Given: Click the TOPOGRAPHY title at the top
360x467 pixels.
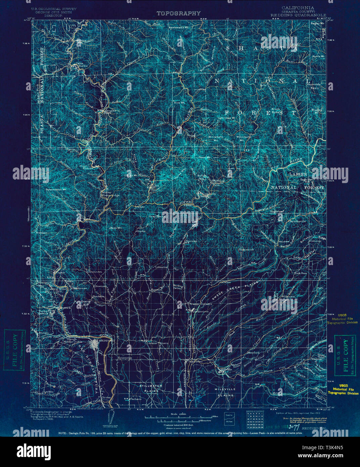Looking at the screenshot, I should (179, 13).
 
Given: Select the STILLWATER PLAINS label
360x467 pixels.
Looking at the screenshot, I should (151, 388).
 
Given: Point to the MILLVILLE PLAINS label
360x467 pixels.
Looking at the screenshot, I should (225, 392).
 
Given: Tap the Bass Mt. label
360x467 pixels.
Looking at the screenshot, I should (115, 228).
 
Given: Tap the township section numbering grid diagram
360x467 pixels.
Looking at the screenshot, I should (252, 420).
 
